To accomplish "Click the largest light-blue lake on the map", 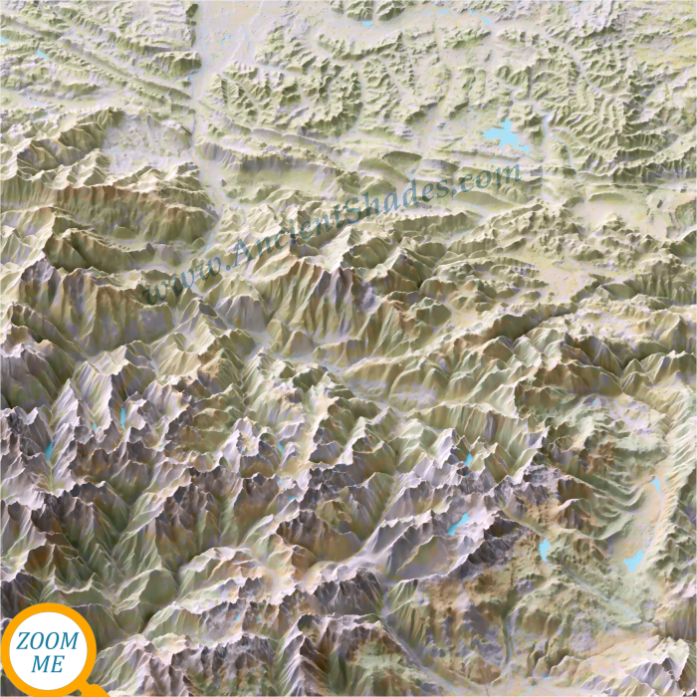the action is pos(505,134).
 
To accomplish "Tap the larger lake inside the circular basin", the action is pos(634,562).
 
